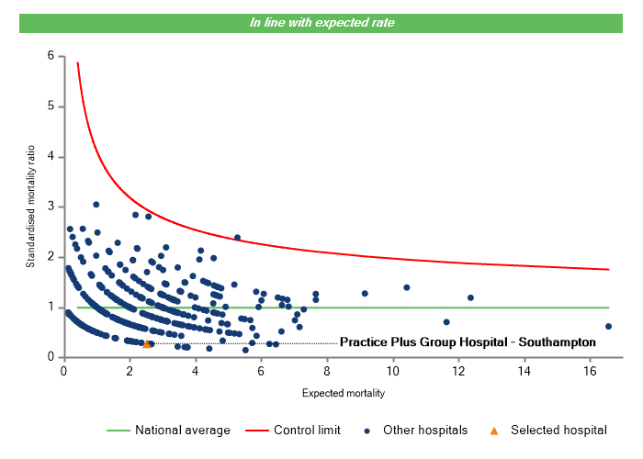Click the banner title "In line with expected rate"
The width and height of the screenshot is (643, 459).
(322, 23)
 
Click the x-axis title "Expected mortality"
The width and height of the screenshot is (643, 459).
(343, 393)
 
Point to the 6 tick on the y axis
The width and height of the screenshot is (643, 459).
(50, 56)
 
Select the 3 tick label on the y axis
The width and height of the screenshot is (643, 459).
(50, 207)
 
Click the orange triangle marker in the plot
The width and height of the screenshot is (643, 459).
(146, 344)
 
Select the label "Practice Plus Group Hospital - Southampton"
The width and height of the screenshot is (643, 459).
(468, 342)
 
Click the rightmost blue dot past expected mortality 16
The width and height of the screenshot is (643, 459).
(608, 326)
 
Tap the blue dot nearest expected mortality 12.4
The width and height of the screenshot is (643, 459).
(471, 297)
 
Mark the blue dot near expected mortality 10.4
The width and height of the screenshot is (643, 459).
(406, 287)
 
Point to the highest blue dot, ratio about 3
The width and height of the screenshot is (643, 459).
(96, 205)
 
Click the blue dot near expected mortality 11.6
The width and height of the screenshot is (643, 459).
(446, 322)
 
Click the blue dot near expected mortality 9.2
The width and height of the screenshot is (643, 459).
(365, 294)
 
